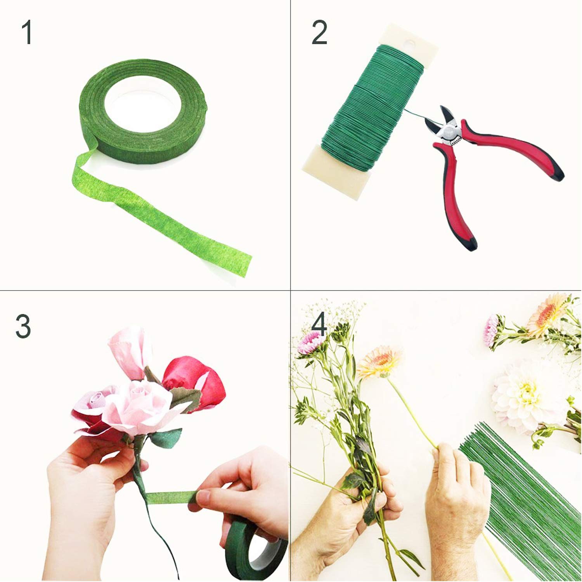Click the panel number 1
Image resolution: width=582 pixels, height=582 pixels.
[27, 33]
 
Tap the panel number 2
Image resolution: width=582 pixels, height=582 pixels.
[319, 33]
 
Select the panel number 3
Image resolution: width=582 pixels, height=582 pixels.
[23, 326]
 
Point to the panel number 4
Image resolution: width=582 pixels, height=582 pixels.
[319, 326]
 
